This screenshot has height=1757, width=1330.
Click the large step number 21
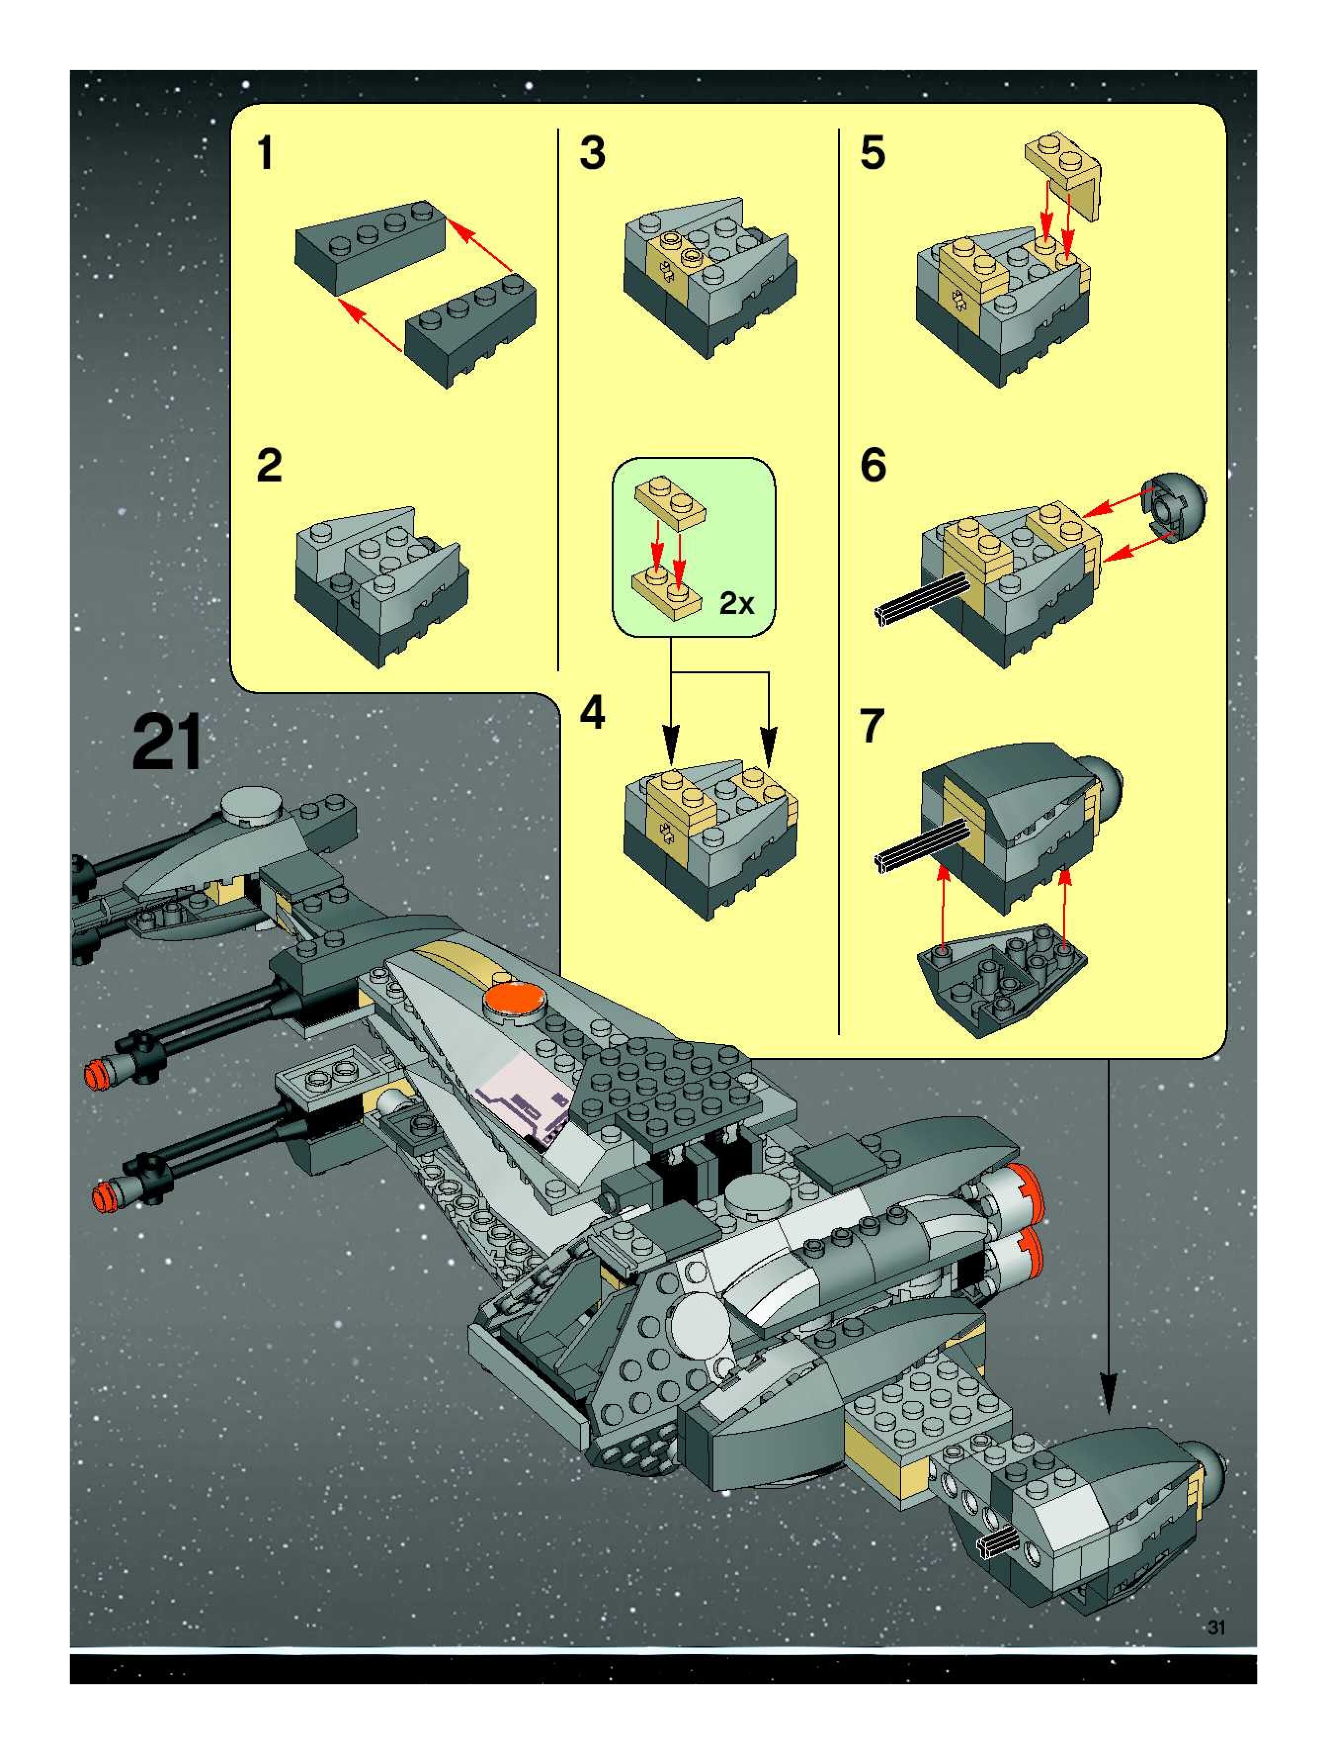[x=167, y=742]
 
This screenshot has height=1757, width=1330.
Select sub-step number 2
[x=269, y=466]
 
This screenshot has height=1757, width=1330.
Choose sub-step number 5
[x=873, y=153]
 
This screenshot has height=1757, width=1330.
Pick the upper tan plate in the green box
[x=671, y=500]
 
